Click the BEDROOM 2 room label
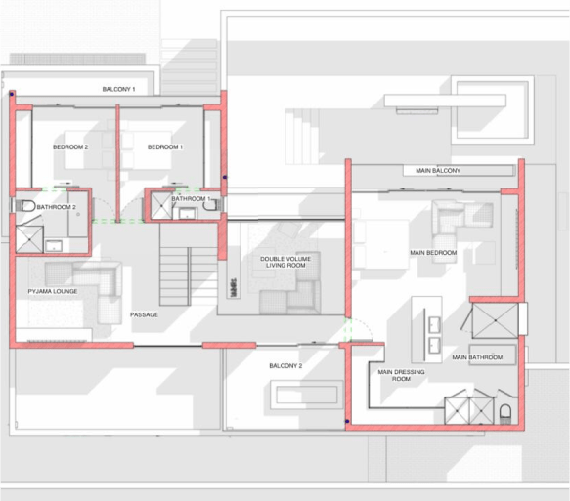coord(70,147)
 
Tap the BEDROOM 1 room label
coord(165,147)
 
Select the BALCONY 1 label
coord(119,89)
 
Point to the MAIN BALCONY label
coord(438,170)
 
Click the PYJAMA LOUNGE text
coord(53,291)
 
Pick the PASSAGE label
coord(145,314)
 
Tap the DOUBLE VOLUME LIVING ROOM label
coord(285,262)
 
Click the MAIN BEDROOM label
coord(433,253)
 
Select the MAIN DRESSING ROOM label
coord(401,375)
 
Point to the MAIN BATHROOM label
coord(477,357)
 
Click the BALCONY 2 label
coord(285,366)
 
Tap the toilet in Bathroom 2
coord(25,206)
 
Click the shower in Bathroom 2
coord(29,239)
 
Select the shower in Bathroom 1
coord(161,206)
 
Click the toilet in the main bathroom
coord(505,414)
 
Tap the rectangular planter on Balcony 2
coord(307,395)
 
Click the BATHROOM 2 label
coord(57,207)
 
